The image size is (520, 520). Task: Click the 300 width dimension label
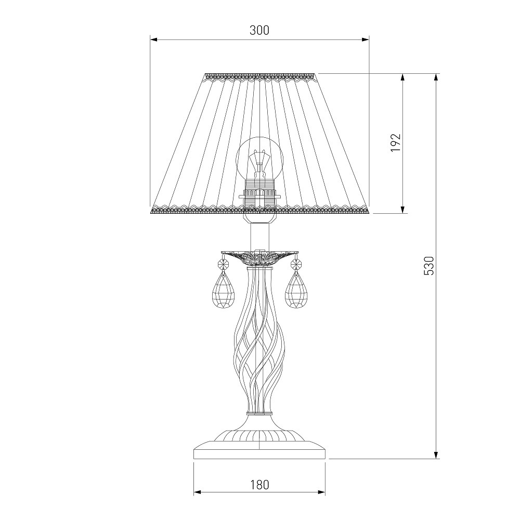[x=259, y=30]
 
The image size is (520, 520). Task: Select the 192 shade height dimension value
[x=396, y=142]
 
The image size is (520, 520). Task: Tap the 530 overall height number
[x=428, y=266]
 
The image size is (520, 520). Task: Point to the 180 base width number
[x=259, y=485]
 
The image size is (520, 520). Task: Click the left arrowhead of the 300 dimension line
[x=154, y=40]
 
